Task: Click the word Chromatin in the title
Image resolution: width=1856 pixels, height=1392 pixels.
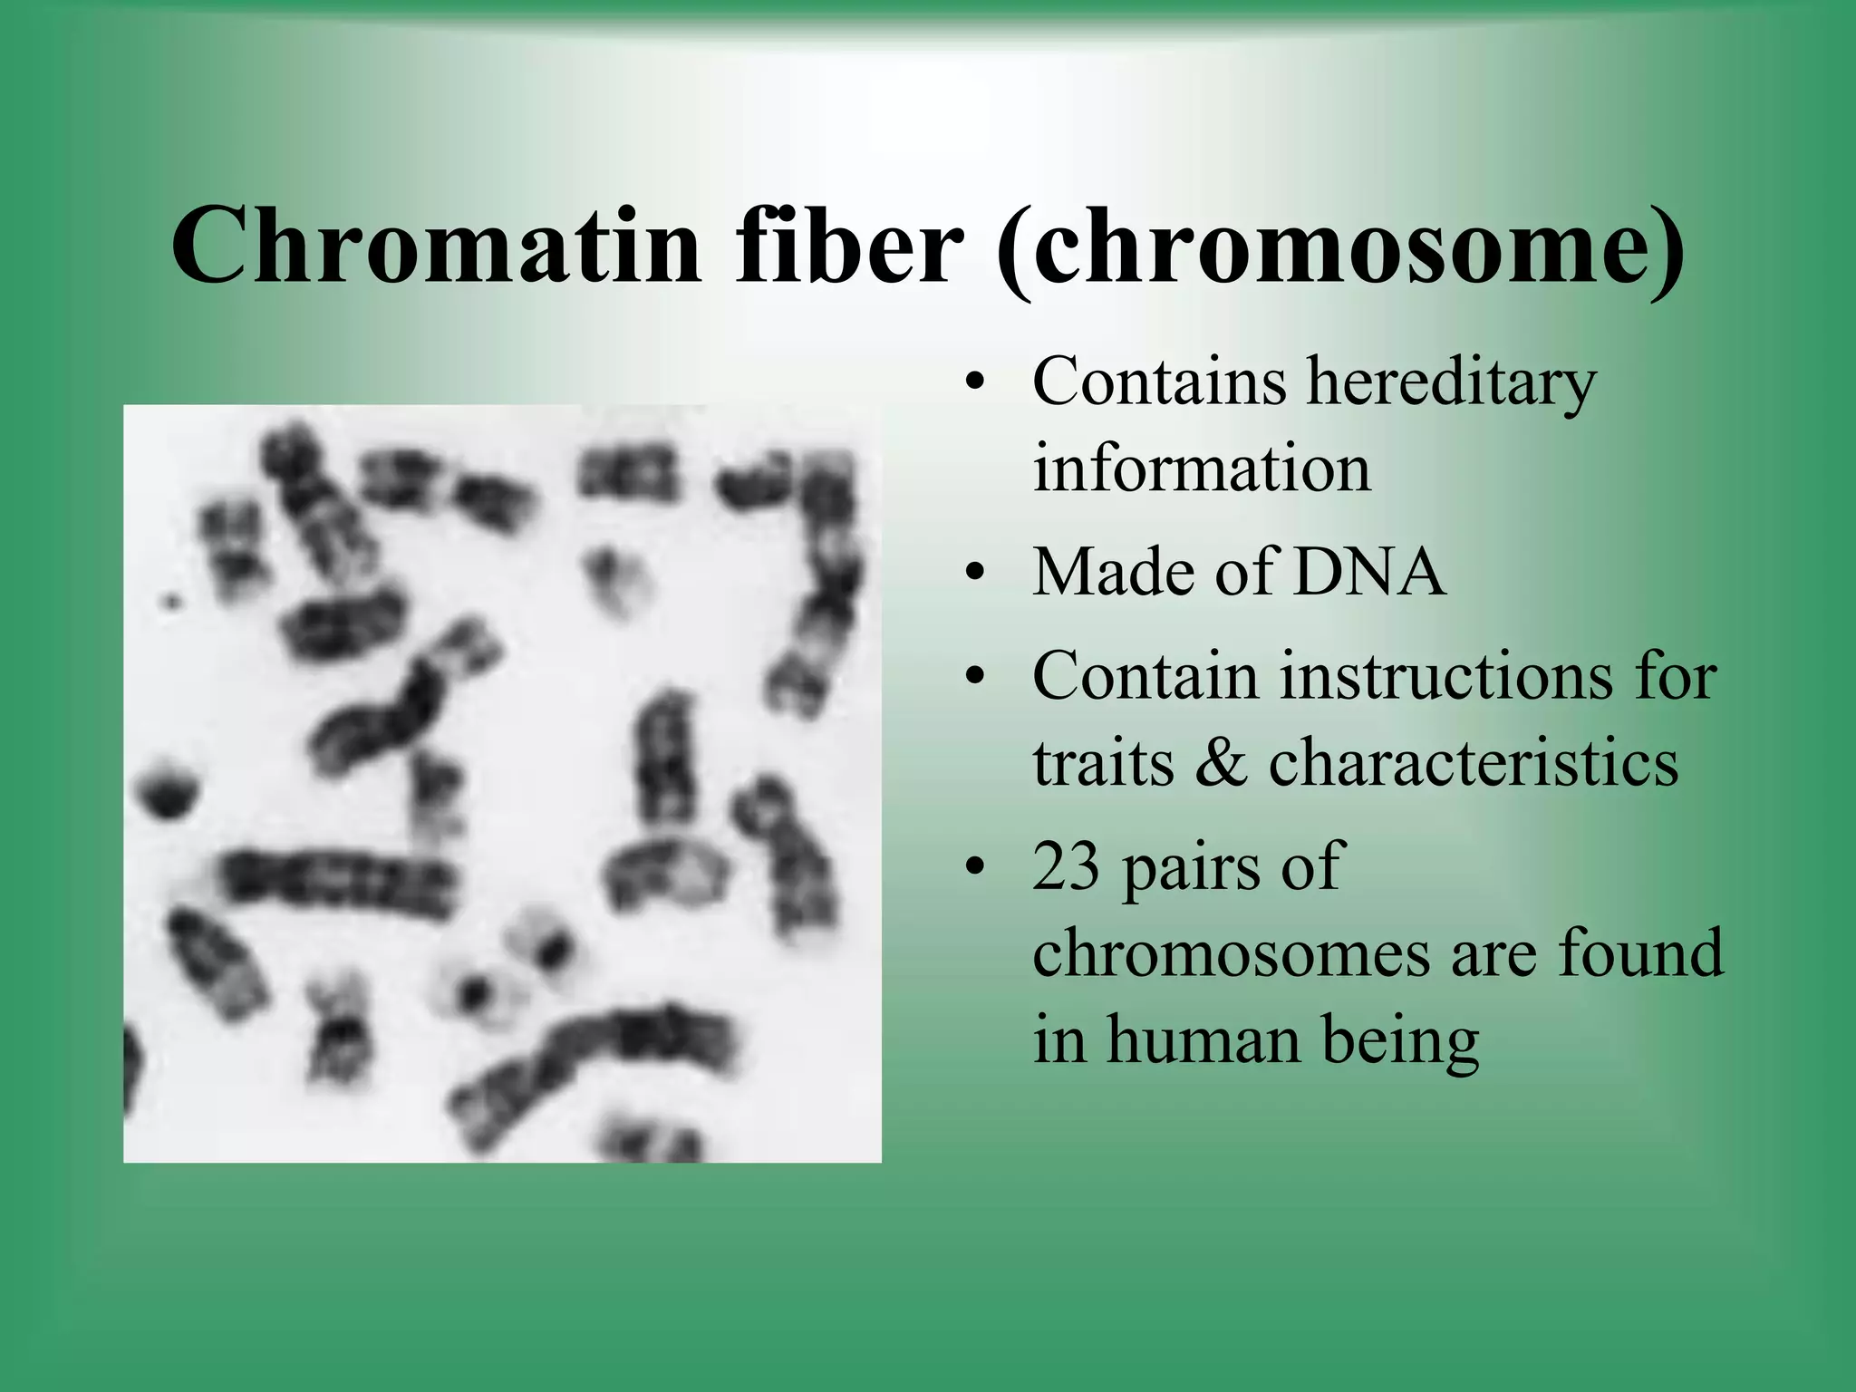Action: click(435, 245)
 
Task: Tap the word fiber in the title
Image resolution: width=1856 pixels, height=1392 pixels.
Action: click(847, 245)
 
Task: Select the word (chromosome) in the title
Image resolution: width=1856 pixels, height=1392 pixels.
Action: click(1339, 249)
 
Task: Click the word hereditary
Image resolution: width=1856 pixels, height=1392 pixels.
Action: click(1450, 382)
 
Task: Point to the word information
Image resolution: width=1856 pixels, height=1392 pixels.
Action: click(1201, 469)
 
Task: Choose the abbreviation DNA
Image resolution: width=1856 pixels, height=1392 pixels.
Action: click(1368, 573)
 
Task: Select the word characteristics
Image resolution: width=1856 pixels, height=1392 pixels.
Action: click(1473, 762)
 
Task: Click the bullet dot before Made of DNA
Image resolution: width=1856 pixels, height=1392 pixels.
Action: click(974, 575)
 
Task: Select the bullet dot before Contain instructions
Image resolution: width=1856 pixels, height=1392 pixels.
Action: click(974, 677)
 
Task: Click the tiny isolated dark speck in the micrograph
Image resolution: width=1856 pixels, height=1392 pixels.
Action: click(170, 599)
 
